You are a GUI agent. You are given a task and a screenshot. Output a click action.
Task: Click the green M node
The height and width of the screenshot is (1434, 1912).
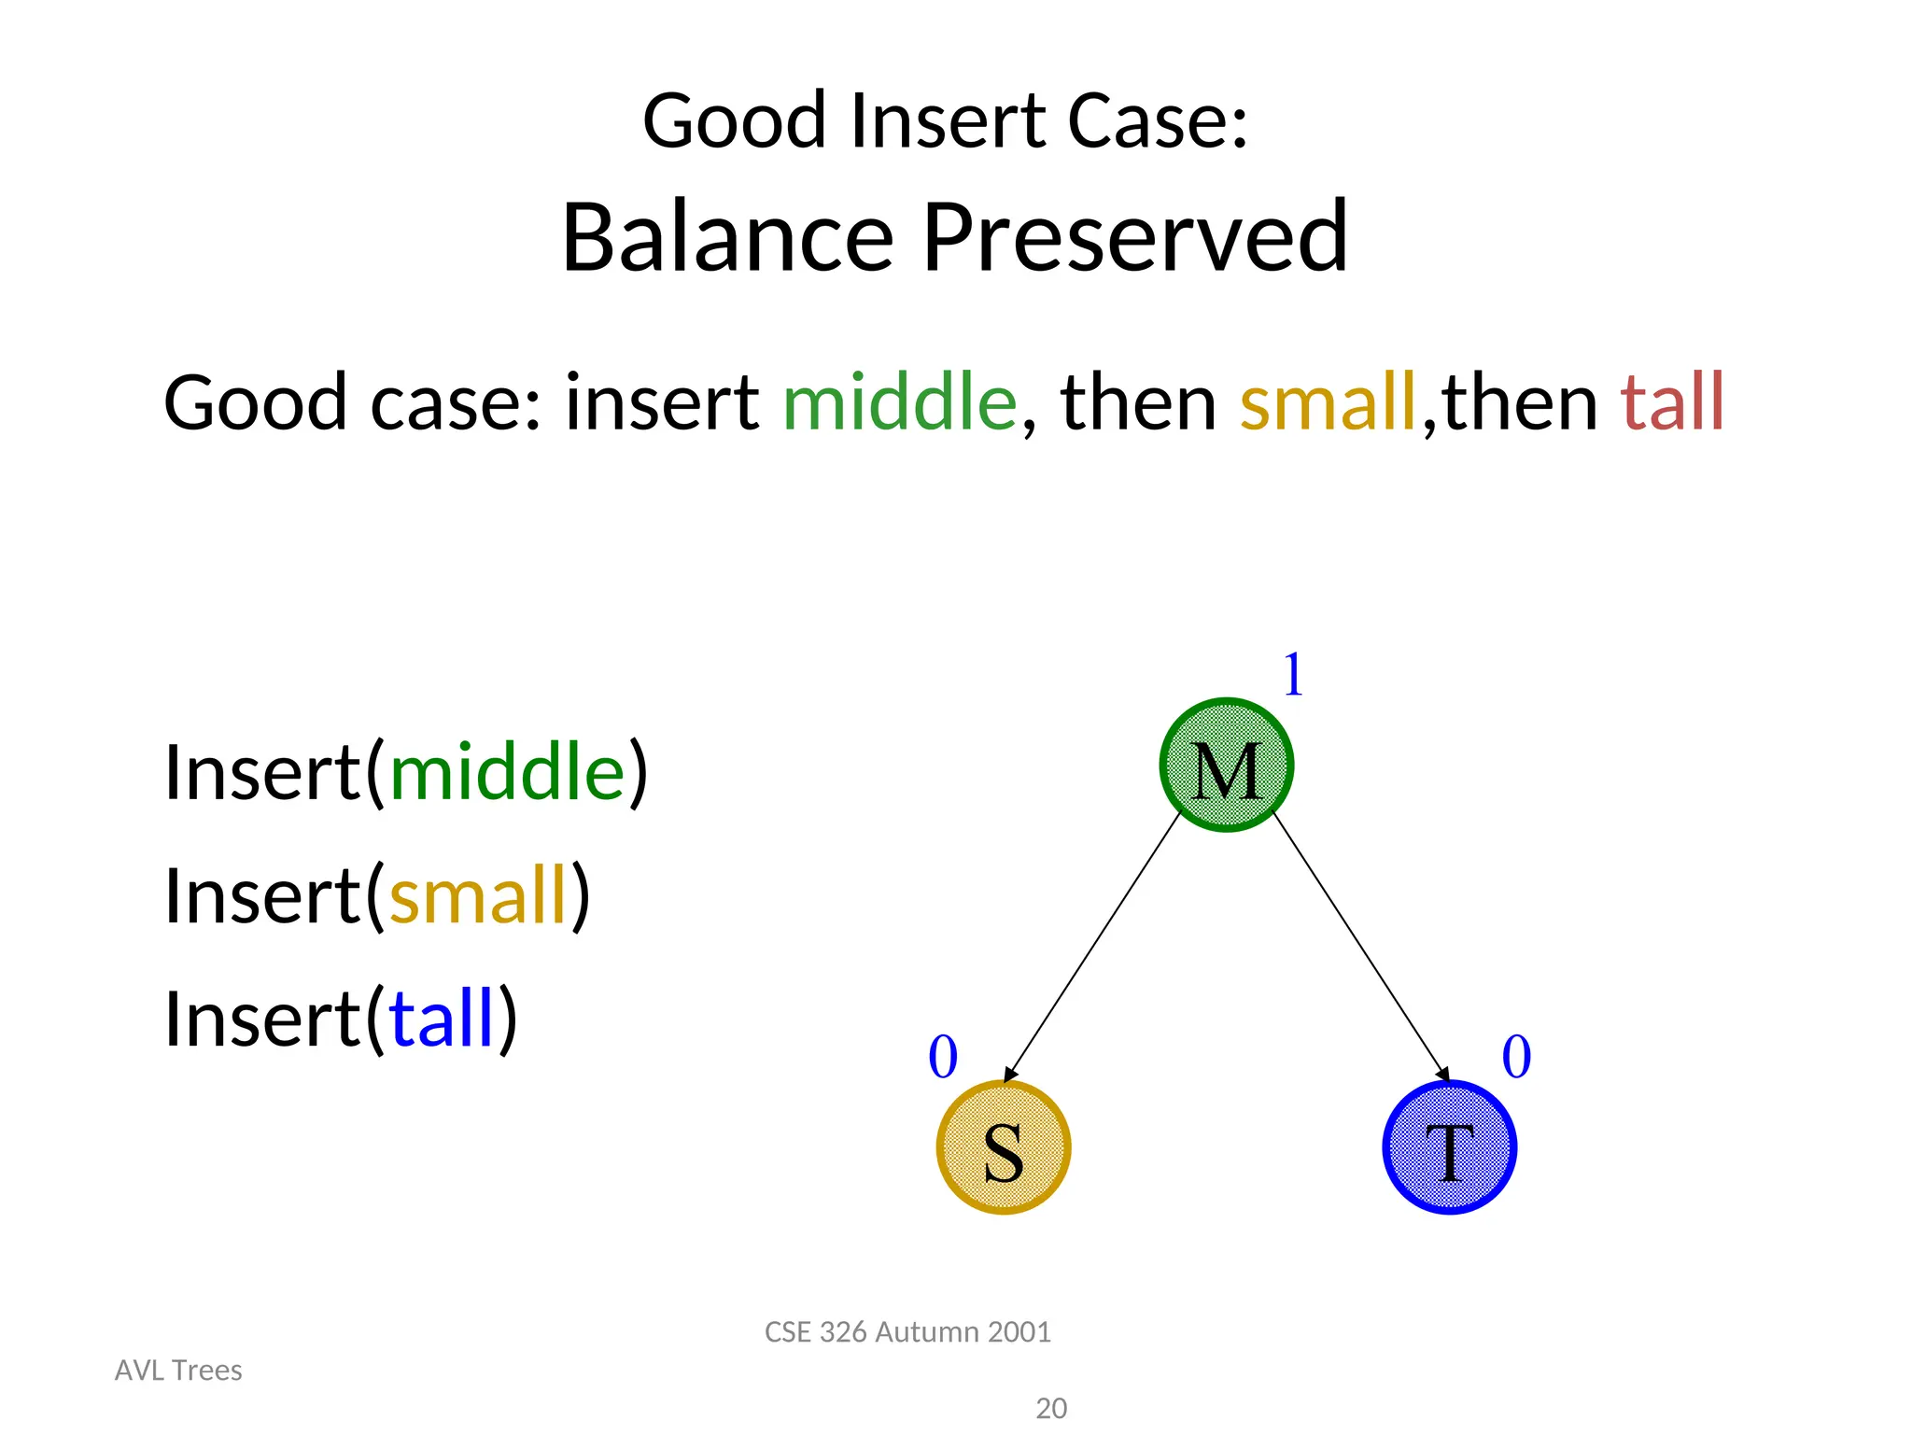[1226, 765]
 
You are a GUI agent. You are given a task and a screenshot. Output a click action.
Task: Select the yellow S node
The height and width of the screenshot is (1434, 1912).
[1004, 1147]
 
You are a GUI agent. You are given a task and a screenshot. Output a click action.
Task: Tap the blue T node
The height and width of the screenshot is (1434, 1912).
[1449, 1147]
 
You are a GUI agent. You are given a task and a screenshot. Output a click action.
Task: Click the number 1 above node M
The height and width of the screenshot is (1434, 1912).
[1293, 674]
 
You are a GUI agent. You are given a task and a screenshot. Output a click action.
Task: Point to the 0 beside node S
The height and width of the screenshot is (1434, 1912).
[943, 1057]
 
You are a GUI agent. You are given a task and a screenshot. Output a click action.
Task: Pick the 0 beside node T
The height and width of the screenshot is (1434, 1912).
[1516, 1057]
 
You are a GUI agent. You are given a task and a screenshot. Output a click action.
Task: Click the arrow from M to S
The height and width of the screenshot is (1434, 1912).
[1092, 948]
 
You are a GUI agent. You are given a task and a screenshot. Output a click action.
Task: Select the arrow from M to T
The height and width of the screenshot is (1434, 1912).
[1361, 948]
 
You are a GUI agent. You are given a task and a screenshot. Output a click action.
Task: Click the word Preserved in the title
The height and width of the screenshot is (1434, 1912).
[1135, 237]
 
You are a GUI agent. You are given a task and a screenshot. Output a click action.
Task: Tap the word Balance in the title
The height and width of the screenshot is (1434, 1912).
[728, 237]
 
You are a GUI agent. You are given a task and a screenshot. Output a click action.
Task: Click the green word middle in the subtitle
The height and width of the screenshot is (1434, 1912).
[899, 402]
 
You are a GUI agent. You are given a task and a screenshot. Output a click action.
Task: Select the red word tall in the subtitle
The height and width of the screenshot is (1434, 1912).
[1672, 402]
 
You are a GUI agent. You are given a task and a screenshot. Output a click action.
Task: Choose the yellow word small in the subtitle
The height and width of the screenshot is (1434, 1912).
[1328, 402]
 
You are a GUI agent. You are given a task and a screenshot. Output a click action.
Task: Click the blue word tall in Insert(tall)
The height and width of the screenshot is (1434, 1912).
[441, 1019]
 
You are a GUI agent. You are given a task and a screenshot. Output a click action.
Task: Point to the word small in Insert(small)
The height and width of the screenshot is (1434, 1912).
[478, 895]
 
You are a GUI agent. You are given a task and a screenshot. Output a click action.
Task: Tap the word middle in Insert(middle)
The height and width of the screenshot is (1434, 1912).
[507, 772]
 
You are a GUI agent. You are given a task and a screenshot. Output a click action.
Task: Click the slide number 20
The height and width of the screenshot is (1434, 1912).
[1051, 1408]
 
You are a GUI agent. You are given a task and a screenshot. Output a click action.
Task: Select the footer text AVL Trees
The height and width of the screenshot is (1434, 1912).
[178, 1370]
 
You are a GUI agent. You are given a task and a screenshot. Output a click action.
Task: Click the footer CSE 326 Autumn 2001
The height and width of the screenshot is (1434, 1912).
[907, 1331]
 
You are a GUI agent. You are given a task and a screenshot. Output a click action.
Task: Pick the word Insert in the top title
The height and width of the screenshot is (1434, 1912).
[948, 121]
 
